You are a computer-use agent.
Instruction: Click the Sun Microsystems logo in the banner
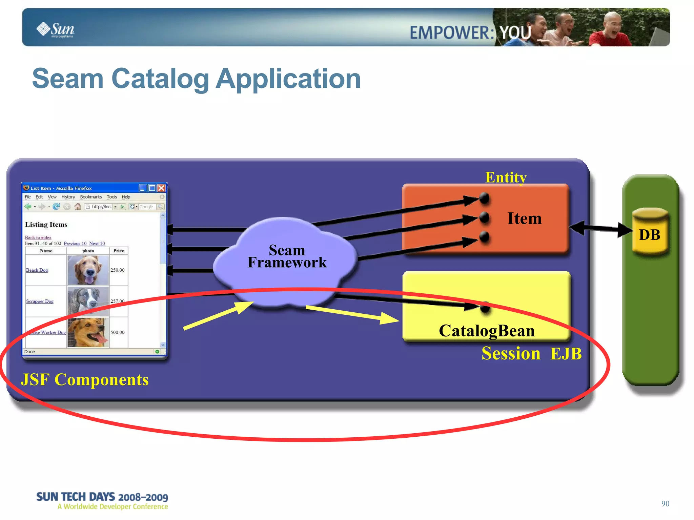[56, 29]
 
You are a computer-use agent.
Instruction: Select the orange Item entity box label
[524, 219]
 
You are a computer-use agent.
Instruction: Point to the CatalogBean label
[487, 331]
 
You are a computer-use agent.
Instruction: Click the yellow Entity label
[506, 177]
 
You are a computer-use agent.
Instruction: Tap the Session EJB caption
[531, 354]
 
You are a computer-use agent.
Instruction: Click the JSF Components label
[85, 380]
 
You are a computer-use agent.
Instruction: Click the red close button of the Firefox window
[162, 188]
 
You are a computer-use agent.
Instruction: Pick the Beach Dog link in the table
[37, 270]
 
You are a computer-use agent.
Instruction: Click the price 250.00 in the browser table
[118, 270]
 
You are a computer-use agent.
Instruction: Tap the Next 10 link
[97, 244]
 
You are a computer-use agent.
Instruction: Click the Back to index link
[38, 237]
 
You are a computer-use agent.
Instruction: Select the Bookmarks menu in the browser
[91, 197]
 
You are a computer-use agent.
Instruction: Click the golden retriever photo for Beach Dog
[88, 270]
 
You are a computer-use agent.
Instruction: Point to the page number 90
[665, 503]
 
